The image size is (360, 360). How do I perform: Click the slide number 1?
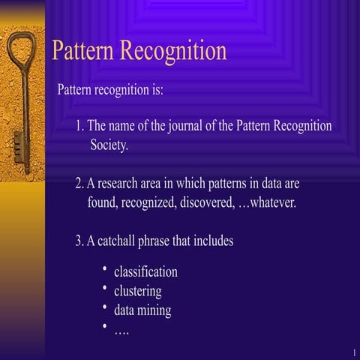[352, 352]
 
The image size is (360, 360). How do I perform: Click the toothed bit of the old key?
[19, 143]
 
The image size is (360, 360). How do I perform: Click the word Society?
[109, 145]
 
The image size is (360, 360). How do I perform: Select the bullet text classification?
[145, 271]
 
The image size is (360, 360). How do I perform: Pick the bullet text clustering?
[137, 291]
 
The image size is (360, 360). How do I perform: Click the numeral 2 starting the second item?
[79, 183]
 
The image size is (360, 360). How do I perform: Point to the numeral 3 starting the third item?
[79, 241]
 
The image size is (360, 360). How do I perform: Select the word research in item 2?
[121, 183]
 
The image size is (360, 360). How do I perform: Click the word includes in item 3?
[213, 241]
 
